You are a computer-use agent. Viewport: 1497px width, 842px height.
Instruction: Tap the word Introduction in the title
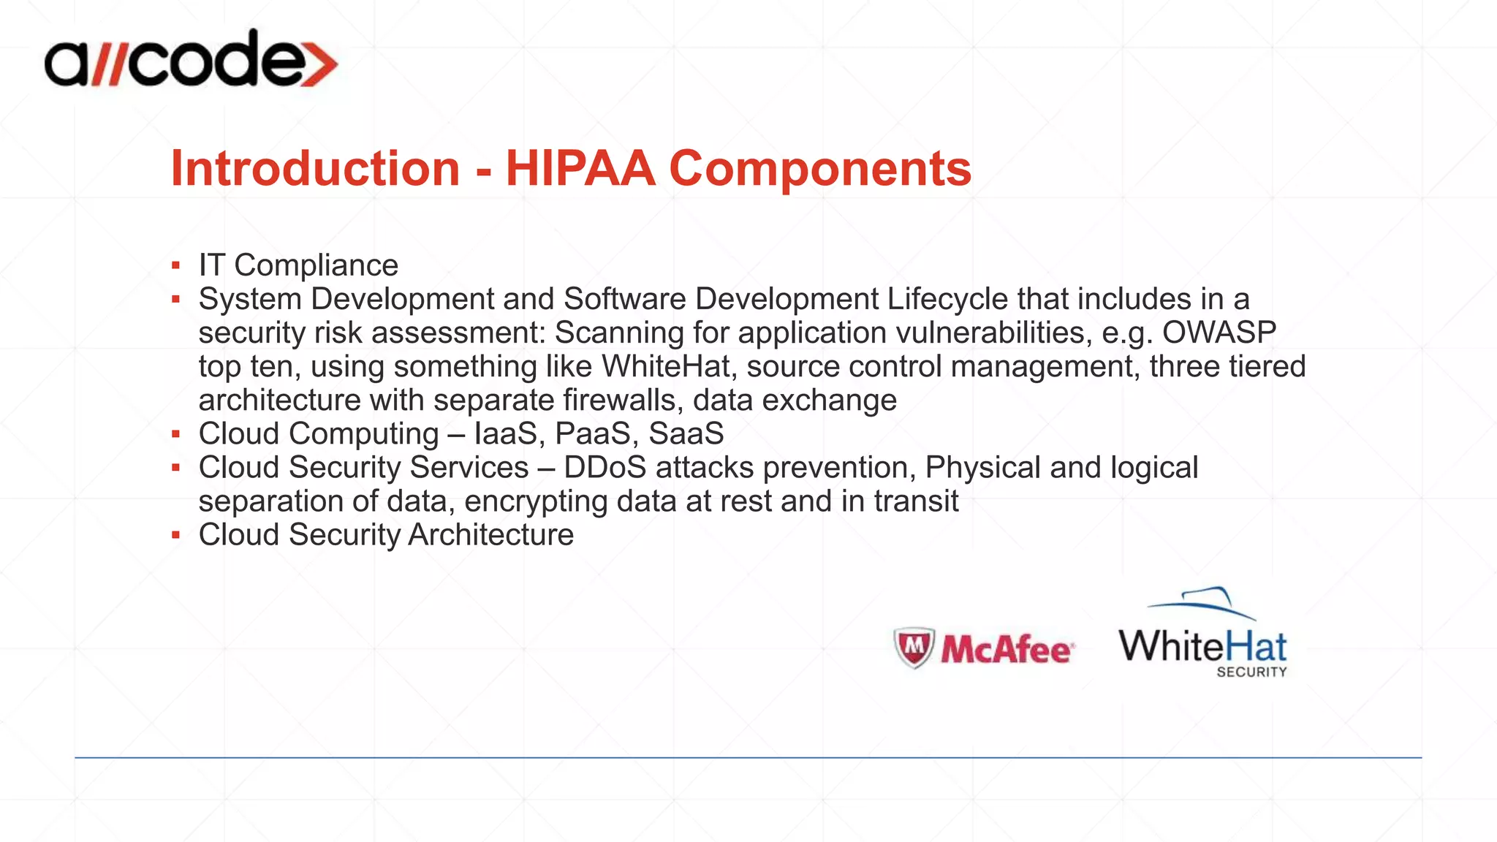click(315, 168)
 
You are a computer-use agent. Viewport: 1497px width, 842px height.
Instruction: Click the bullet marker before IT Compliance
click(175, 265)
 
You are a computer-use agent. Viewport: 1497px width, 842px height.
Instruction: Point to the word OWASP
click(1219, 333)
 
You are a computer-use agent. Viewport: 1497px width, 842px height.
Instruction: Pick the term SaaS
click(686, 433)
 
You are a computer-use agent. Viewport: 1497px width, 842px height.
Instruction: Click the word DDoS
click(605, 467)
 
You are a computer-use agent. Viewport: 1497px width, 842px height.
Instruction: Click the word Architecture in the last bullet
click(490, 534)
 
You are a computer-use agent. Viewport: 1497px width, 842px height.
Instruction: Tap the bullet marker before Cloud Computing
click(175, 434)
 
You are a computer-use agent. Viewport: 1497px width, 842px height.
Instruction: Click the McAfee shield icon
click(914, 647)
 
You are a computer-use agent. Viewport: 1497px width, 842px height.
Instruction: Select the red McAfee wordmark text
click(1007, 649)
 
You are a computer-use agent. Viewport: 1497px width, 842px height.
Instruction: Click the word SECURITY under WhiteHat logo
click(1251, 672)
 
